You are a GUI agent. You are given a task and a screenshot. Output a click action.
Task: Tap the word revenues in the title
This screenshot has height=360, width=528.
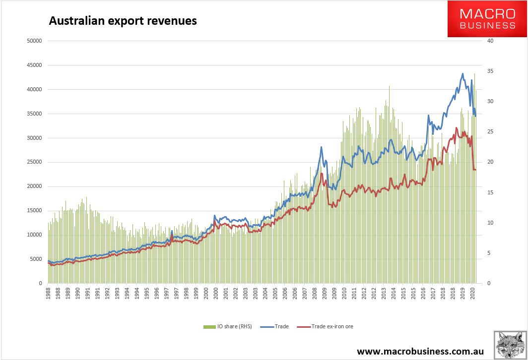pyautogui.click(x=175, y=21)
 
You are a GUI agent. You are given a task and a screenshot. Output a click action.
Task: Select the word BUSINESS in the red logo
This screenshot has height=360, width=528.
pyautogui.click(x=488, y=25)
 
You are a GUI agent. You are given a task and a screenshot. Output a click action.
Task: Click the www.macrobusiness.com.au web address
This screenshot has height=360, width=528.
pyautogui.click(x=420, y=351)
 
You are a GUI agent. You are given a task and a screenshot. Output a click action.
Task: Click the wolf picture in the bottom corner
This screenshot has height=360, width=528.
pyautogui.click(x=509, y=344)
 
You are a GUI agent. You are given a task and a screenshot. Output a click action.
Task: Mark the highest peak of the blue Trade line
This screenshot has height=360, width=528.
pyautogui.click(x=462, y=74)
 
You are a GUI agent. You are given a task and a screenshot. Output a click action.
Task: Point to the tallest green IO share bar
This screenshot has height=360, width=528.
pyautogui.click(x=474, y=74)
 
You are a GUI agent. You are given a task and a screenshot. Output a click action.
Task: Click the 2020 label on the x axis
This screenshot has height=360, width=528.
pyautogui.click(x=472, y=294)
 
